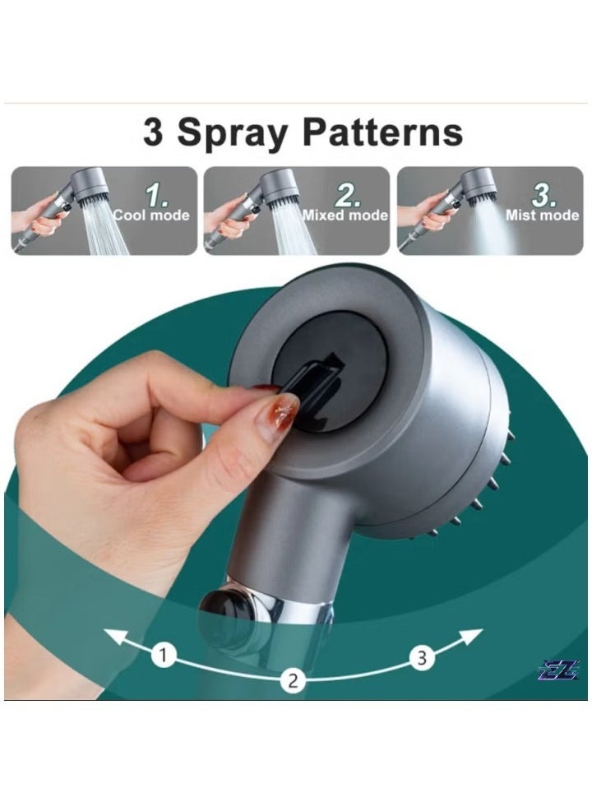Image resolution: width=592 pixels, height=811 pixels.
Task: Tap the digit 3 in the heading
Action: click(x=153, y=132)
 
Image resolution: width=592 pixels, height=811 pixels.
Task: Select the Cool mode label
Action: click(x=151, y=215)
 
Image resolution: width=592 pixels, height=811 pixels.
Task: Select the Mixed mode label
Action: click(x=345, y=215)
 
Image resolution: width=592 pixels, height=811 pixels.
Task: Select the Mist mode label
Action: click(x=542, y=215)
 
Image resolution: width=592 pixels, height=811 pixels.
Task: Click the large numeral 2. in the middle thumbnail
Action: click(x=349, y=196)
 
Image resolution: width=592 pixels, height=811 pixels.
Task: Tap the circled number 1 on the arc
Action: click(x=164, y=656)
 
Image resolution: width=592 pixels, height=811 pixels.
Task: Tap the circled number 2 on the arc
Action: click(x=292, y=680)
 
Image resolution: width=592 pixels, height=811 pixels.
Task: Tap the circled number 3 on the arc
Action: click(x=422, y=658)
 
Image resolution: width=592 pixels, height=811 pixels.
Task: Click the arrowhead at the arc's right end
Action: click(x=474, y=634)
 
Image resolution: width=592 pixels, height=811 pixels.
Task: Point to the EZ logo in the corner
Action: click(x=559, y=670)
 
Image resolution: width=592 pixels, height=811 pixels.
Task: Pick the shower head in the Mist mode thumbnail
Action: click(x=478, y=183)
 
